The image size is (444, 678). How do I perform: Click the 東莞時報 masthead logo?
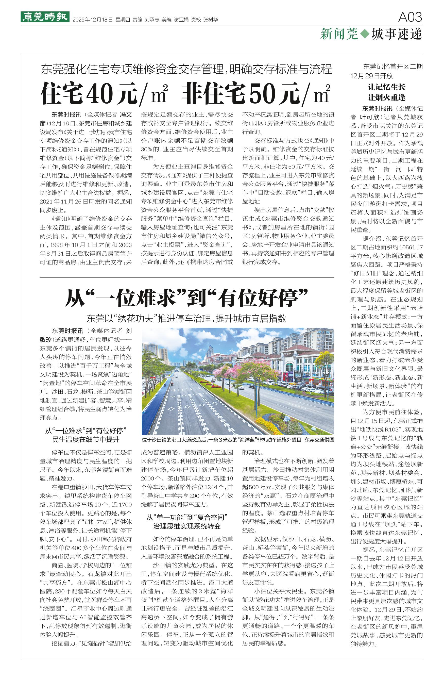(x=45, y=17)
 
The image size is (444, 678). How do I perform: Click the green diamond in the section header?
(x=365, y=34)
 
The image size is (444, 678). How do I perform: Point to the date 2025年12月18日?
(x=93, y=20)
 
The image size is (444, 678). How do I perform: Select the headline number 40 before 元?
(x=99, y=93)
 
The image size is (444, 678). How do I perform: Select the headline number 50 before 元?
(x=262, y=93)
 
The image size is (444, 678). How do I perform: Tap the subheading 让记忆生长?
(x=386, y=87)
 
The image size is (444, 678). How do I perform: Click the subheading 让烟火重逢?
(x=386, y=98)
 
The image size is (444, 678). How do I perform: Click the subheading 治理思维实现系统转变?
(x=187, y=526)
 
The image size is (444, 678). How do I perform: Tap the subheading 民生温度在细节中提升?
(x=86, y=440)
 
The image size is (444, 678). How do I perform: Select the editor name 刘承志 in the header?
(x=152, y=20)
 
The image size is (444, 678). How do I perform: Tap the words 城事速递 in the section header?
(x=397, y=34)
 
